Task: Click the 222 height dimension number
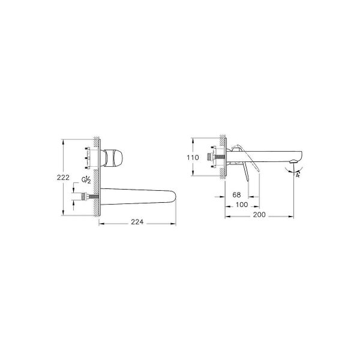click(63, 178)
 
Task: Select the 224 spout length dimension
click(137, 222)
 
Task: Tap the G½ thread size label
click(86, 180)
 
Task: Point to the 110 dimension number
click(193, 158)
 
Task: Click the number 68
click(236, 195)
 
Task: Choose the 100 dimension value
click(242, 205)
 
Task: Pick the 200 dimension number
click(259, 215)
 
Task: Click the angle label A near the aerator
click(298, 175)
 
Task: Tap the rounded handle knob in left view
click(113, 157)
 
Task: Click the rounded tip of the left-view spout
click(174, 197)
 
